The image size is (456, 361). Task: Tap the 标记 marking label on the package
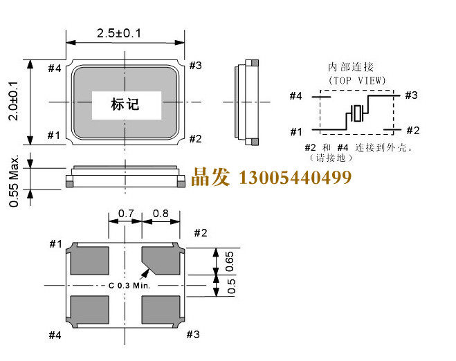(125, 104)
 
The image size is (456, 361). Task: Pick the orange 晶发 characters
(210, 178)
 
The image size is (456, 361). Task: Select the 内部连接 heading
(351, 67)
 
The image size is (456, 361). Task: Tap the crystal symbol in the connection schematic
(357, 113)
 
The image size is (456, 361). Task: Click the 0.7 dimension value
(125, 213)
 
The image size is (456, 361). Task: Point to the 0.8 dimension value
(161, 213)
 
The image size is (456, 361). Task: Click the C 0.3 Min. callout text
(134, 285)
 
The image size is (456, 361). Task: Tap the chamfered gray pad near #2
(162, 260)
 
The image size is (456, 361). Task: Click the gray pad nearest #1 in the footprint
(89, 260)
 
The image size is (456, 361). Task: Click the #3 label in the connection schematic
(411, 95)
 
